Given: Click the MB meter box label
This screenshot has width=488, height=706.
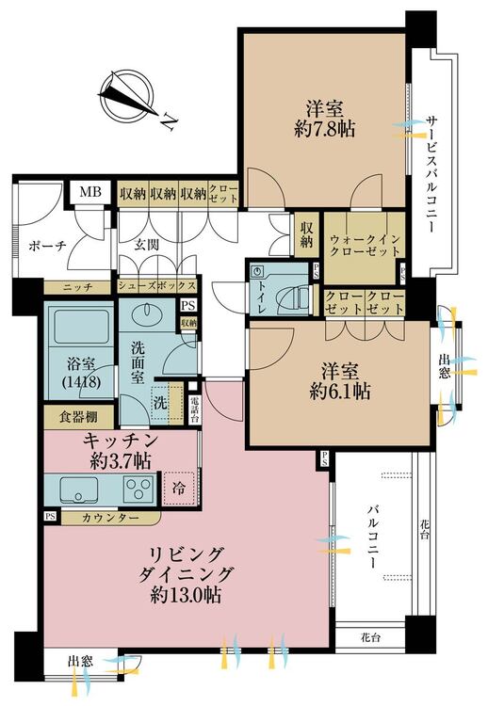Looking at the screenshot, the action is (90, 192).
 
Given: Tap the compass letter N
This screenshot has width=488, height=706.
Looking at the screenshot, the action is (168, 122).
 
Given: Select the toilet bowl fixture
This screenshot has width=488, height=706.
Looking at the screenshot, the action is (298, 297).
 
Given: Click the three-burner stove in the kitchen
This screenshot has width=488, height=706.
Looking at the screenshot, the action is (138, 488).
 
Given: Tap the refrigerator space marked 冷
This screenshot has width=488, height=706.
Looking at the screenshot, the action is (179, 489).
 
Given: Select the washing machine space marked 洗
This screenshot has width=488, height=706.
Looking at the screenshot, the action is (161, 403).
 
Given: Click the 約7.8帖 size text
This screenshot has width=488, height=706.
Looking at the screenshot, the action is (324, 130).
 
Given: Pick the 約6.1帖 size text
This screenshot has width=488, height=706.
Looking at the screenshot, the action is (340, 393).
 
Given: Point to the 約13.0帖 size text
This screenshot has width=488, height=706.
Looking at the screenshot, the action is (186, 596).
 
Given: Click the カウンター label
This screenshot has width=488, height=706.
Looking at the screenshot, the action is (111, 518).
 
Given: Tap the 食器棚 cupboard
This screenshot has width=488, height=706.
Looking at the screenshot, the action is (78, 417).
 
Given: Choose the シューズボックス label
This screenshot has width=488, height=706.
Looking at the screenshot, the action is (157, 286).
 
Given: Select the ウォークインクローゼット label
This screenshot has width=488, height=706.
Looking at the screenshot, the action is (365, 245).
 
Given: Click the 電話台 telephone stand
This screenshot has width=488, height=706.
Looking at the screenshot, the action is (195, 409).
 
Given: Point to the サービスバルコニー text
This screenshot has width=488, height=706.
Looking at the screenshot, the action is (431, 174).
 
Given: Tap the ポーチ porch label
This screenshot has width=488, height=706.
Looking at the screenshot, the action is (48, 246).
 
